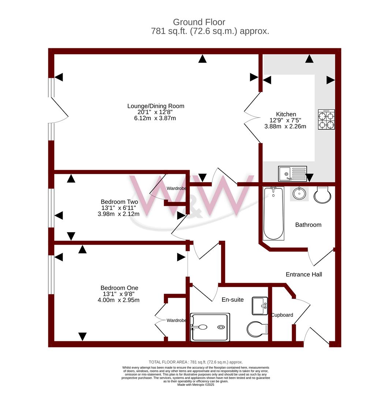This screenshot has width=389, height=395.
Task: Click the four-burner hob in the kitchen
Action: coord(326,119)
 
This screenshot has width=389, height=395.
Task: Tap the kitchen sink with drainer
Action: coord(292,174)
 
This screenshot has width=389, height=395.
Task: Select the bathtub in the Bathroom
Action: coord(273,213)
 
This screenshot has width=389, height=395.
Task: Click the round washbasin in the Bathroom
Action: coord(299,193)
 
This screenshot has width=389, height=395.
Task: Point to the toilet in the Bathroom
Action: coord(322,195)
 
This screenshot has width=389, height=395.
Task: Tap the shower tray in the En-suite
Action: coord(210,327)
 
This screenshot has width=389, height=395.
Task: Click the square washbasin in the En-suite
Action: coord(260,306)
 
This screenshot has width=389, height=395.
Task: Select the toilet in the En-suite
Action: coord(257,329)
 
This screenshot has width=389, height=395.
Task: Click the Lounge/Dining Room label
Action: coord(156,106)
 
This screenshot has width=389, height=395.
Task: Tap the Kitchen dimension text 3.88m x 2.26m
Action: coord(285,127)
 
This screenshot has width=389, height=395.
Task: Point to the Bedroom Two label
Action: coord(119,202)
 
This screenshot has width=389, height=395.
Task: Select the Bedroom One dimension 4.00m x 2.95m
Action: coord(119,300)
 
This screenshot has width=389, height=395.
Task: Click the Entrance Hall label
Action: coord(304,274)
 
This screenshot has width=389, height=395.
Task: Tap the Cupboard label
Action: coord(282,315)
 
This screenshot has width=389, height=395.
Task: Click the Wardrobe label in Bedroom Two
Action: coord(176,188)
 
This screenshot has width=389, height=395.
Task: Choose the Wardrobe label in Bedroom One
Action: coord(176,320)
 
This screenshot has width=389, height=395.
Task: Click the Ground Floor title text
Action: coord(199,22)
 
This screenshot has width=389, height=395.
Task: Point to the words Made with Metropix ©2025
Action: coord(196,385)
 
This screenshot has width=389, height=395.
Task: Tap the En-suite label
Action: coord(232,300)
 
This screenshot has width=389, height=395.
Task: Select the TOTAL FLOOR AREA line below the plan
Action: coord(196,362)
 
